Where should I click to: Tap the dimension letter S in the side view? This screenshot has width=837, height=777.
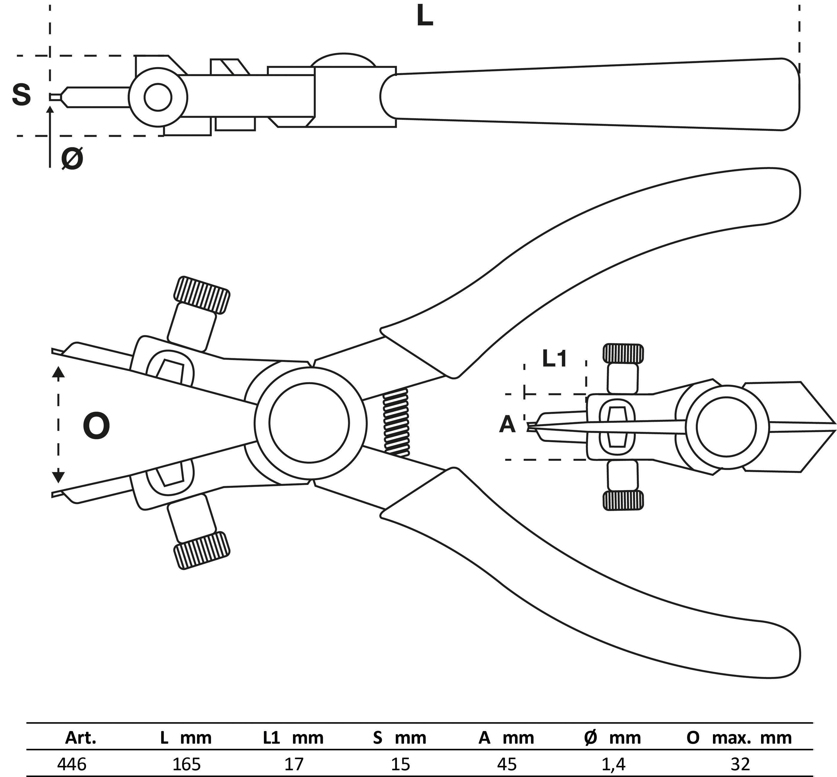[x=21, y=95]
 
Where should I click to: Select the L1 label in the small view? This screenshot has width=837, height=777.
[x=554, y=359]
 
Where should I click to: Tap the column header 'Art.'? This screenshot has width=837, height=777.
[x=80, y=738]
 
